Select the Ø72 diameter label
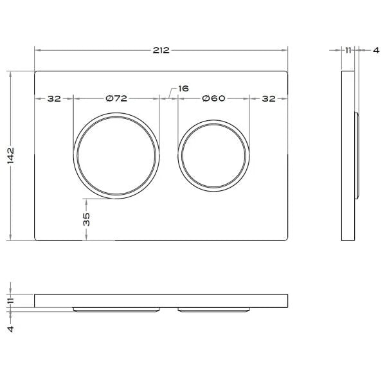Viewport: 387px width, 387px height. coord(116,98)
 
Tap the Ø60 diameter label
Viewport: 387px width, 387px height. coord(213,98)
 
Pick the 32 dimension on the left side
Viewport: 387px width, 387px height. coord(53,98)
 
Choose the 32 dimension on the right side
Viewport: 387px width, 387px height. coord(268,98)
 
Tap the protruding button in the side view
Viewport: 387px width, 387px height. coord(356,155)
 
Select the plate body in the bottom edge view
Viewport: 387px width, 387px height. coord(161,300)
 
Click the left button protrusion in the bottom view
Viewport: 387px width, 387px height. coord(116,309)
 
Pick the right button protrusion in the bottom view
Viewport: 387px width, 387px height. coord(213,309)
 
